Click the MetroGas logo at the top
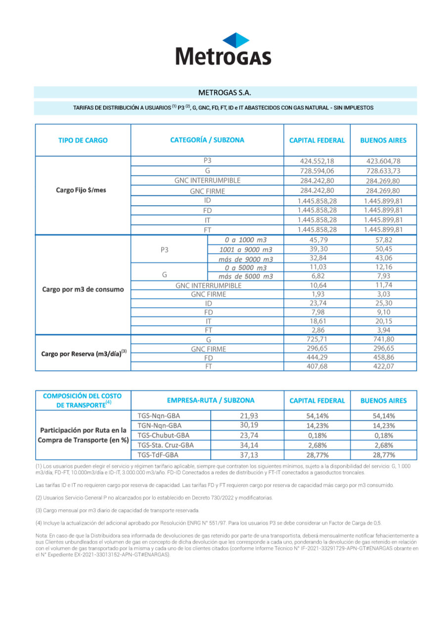pyautogui.click(x=223, y=49)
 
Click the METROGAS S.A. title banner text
pyautogui.click(x=224, y=92)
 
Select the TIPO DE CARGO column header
pyautogui.click(x=83, y=140)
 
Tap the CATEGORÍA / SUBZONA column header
pyautogui.click(x=207, y=140)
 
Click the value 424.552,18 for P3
pyautogui.click(x=317, y=161)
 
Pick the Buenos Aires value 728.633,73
pyautogui.click(x=383, y=171)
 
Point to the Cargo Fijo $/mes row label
pyautogui.click(x=83, y=190)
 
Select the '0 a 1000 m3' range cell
pyautogui.click(x=246, y=240)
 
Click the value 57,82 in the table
pyautogui.click(x=383, y=240)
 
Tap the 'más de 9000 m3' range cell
pyautogui.click(x=246, y=259)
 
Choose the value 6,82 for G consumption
pyautogui.click(x=317, y=276)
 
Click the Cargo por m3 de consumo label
pyautogui.click(x=83, y=289)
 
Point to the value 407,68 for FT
pyautogui.click(x=317, y=366)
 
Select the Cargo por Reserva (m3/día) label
pyautogui.click(x=83, y=353)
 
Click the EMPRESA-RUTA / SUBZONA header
pyautogui.click(x=207, y=401)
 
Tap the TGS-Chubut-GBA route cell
pyautogui.click(x=163, y=435)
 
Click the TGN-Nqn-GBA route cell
pyautogui.click(x=159, y=425)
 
